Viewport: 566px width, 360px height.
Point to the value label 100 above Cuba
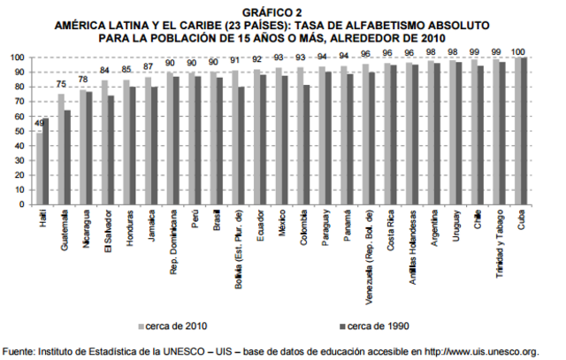[522, 51]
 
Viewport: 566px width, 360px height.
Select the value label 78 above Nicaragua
[83, 80]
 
